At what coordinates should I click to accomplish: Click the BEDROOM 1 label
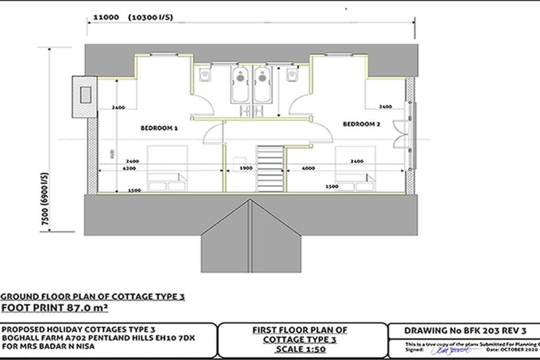(x=159, y=128)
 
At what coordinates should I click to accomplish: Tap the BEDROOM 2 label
(x=361, y=124)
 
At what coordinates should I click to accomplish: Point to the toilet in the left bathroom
(x=205, y=76)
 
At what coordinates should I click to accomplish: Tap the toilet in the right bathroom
(x=292, y=76)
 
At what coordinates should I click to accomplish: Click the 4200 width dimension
(x=129, y=169)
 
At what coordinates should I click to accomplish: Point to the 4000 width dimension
(x=308, y=169)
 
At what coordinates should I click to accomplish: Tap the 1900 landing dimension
(x=246, y=169)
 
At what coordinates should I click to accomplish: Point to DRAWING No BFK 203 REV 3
(x=465, y=331)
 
